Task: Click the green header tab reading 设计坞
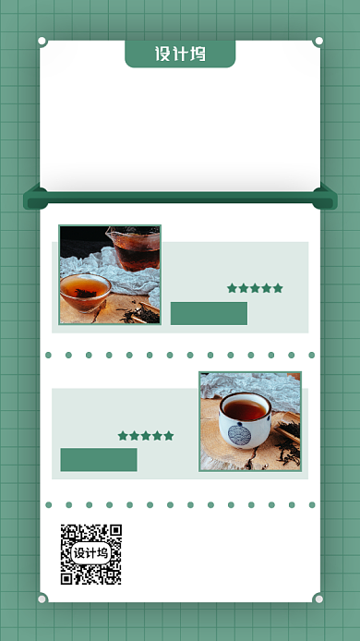[x=180, y=54]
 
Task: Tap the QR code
[x=91, y=554]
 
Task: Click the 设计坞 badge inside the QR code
[x=91, y=553]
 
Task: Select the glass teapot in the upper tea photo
[x=134, y=248]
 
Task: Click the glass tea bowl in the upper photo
[x=86, y=292]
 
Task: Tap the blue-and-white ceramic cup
[x=245, y=420]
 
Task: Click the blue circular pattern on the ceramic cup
[x=239, y=434]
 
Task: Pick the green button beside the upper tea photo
[x=209, y=313]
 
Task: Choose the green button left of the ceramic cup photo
[x=99, y=459]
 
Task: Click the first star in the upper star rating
[x=232, y=288]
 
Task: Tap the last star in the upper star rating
[x=278, y=288]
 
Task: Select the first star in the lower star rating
[x=123, y=436]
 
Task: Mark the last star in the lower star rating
[x=169, y=436]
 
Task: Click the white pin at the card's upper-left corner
[x=42, y=41]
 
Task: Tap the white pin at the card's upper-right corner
[x=318, y=41]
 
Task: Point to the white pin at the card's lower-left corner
[x=42, y=599]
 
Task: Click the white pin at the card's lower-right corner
[x=318, y=599]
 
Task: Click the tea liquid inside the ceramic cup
[x=245, y=409]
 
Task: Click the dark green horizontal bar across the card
[x=180, y=198]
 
